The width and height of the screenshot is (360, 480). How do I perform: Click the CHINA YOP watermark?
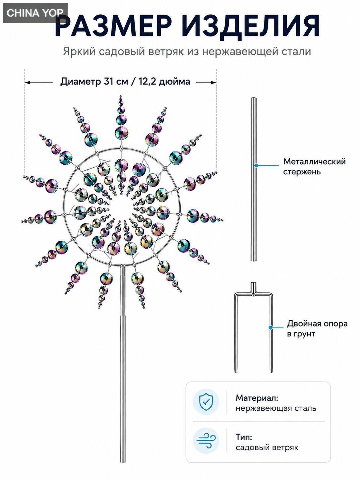coord(35,13)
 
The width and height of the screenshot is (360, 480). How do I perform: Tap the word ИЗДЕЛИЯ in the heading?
coord(251,26)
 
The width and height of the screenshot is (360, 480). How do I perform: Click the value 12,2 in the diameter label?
coord(147,82)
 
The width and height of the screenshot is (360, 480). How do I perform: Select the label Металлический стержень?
coord(314,166)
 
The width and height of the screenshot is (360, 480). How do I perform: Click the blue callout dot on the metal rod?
coord(256,165)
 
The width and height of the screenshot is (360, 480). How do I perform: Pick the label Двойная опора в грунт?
coord(317,329)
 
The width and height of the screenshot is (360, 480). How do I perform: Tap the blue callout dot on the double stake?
coord(270,328)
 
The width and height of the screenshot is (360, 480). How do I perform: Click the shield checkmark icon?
coord(206,402)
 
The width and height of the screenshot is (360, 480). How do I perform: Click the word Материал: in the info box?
coord(257,398)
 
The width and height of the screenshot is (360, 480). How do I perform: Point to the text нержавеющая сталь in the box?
coord(276,408)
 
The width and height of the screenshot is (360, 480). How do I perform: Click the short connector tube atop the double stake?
coord(253,288)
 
